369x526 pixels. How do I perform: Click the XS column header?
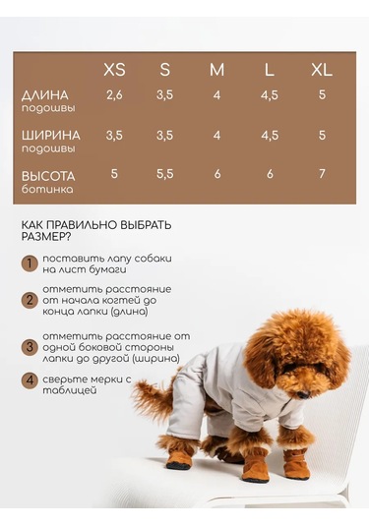click(115, 70)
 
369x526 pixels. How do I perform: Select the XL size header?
click(322, 70)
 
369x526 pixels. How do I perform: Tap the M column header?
click(217, 70)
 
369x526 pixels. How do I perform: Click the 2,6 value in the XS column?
click(114, 95)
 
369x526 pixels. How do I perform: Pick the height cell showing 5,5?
click(164, 173)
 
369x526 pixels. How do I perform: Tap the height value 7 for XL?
click(322, 173)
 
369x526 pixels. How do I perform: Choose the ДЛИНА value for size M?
click(216, 95)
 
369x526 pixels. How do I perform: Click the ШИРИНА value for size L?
click(270, 135)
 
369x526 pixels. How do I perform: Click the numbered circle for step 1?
click(31, 263)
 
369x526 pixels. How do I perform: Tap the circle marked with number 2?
click(31, 301)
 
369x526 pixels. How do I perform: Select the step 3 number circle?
click(31, 347)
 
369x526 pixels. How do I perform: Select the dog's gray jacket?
click(226, 393)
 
